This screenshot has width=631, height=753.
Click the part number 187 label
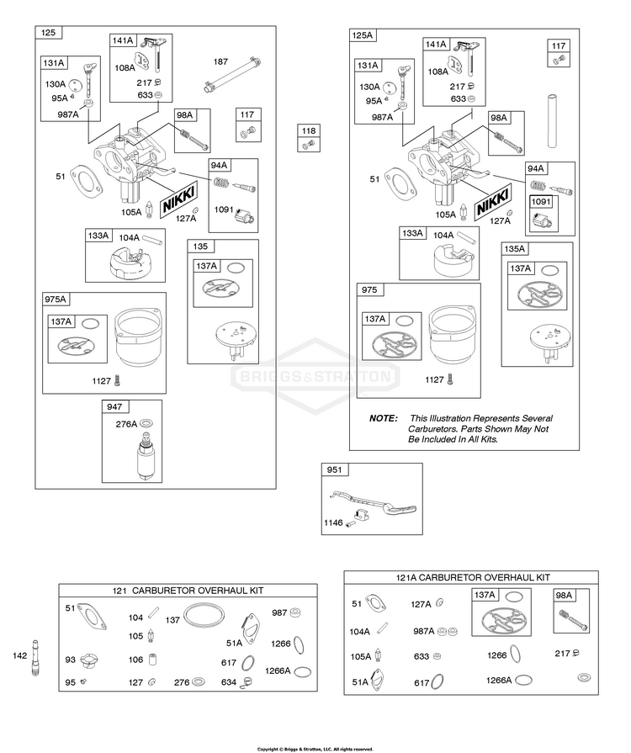point(220,61)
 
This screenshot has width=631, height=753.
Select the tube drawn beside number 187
point(233,75)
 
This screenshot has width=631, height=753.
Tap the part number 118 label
point(308,130)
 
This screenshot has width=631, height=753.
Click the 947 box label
point(114,406)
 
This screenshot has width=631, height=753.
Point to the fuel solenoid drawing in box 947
point(145,456)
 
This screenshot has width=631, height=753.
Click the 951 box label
point(334,469)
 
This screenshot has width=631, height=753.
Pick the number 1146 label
point(333,522)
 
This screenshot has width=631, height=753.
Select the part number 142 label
point(19,655)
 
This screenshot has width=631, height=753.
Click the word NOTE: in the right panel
point(383,418)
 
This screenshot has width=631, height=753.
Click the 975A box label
point(56,300)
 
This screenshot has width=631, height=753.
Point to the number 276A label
point(126,424)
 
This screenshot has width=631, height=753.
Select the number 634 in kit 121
point(229,682)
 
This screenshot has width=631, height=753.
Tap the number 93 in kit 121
point(70,660)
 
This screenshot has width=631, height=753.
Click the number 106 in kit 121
point(136,660)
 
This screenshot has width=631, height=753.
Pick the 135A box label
point(514,249)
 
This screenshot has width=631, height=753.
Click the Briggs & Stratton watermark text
point(315,375)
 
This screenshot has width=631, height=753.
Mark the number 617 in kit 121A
point(422,682)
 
